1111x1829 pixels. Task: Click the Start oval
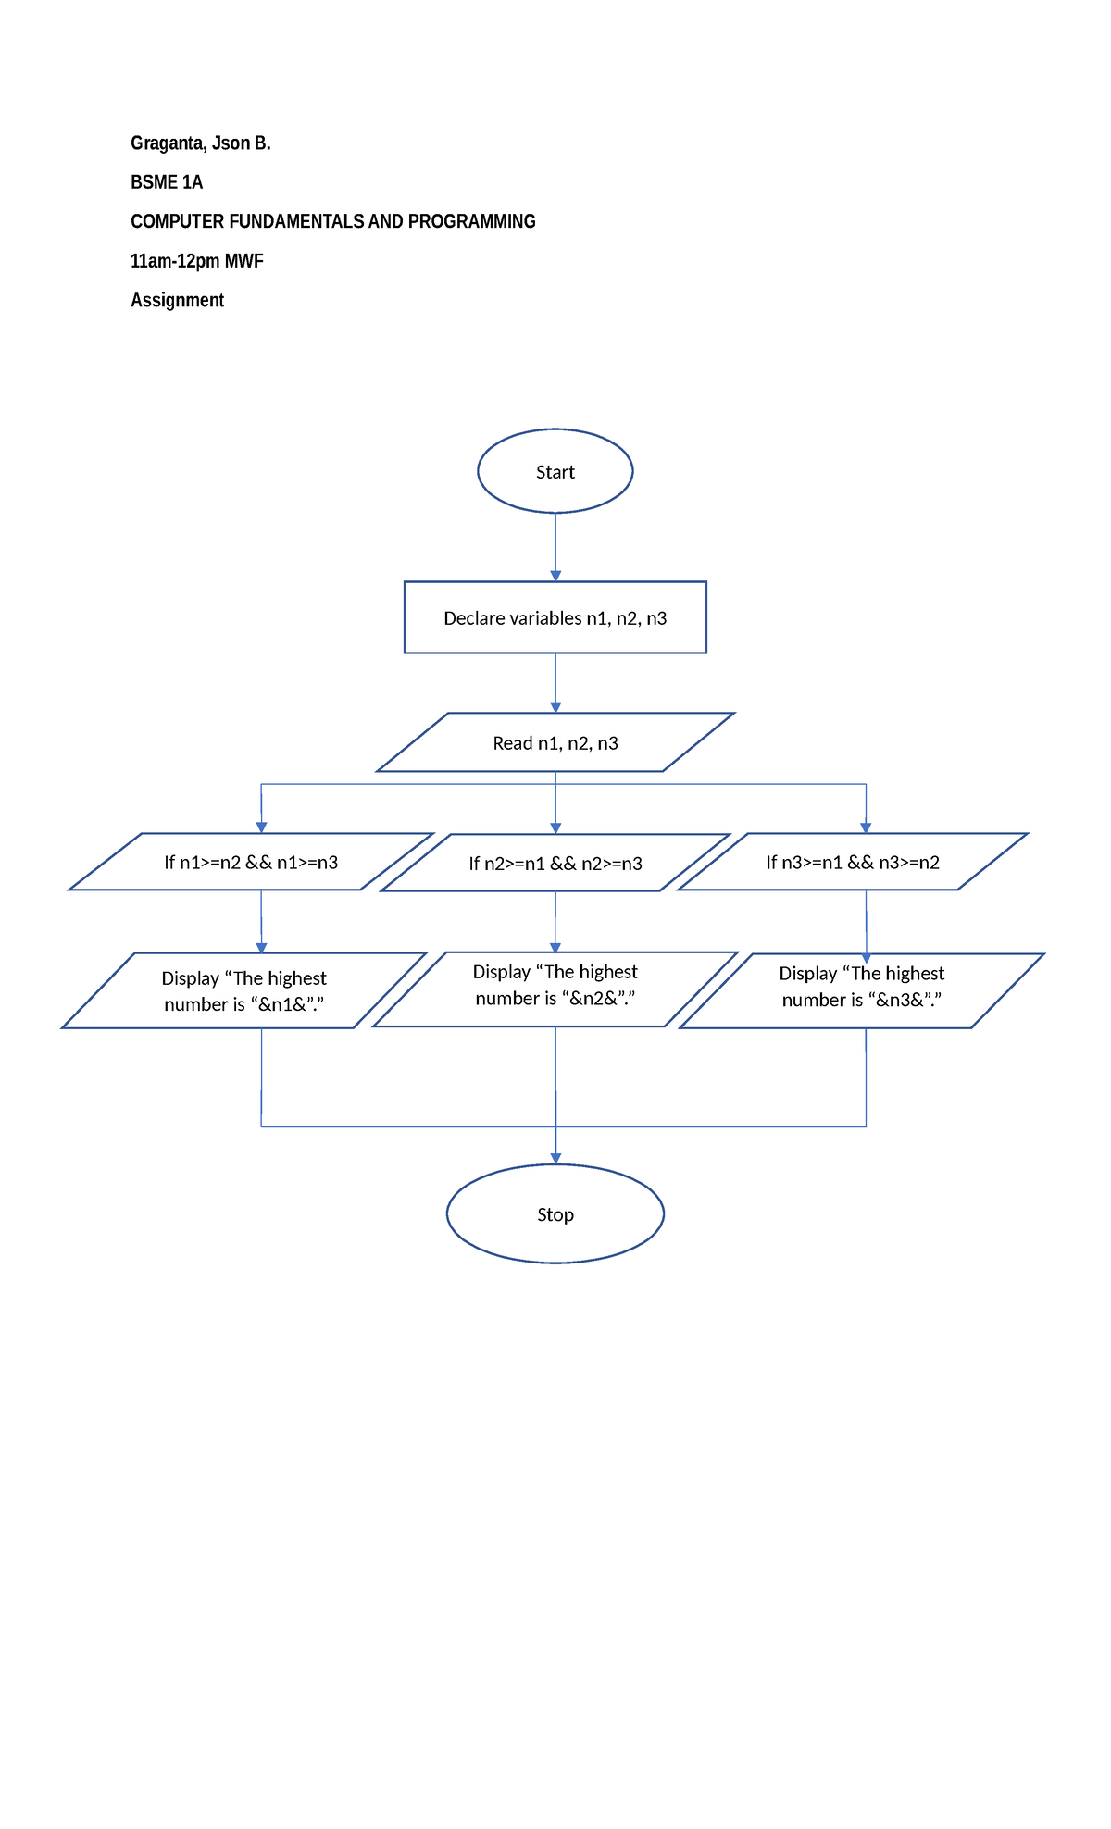click(x=555, y=471)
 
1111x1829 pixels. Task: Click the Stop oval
click(x=555, y=1213)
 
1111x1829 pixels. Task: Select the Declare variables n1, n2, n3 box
click(x=555, y=617)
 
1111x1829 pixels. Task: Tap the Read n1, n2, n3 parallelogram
click(x=555, y=742)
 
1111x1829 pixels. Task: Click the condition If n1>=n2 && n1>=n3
click(x=251, y=862)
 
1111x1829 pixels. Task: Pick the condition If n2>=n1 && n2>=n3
click(x=555, y=863)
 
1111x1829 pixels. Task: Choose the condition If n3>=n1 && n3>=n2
click(x=853, y=862)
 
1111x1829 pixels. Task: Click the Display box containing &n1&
click(x=243, y=990)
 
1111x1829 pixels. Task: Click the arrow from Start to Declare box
click(x=555, y=546)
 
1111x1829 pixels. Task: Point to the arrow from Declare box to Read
click(x=555, y=682)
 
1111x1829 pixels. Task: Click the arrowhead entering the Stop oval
click(x=555, y=1158)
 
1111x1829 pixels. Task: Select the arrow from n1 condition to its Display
click(x=261, y=921)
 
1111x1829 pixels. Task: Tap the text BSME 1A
click(x=167, y=182)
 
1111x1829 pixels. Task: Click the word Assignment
click(x=177, y=300)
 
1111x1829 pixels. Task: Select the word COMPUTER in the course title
click(x=177, y=221)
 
